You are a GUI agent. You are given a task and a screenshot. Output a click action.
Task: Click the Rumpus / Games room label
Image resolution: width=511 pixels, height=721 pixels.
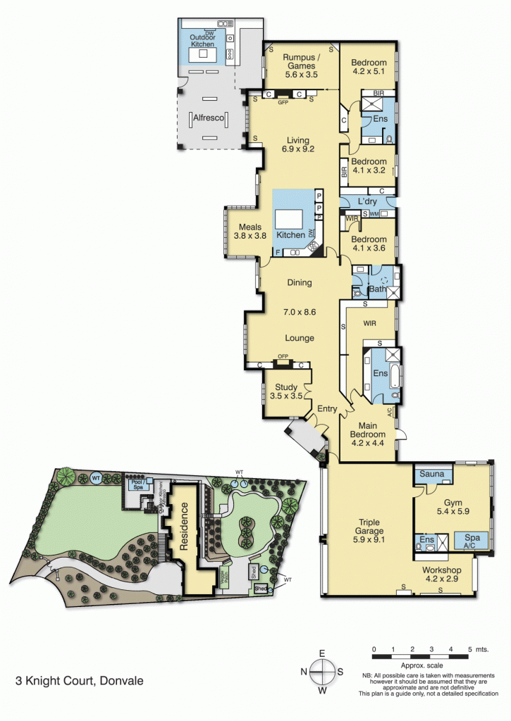pyautogui.click(x=302, y=65)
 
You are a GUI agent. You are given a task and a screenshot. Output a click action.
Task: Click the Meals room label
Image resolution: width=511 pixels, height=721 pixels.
pyautogui.click(x=250, y=232)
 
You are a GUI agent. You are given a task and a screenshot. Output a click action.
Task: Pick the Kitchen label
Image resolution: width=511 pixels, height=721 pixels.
pyautogui.click(x=290, y=234)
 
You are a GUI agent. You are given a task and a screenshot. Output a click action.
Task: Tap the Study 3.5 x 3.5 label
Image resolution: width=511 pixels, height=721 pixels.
pyautogui.click(x=286, y=391)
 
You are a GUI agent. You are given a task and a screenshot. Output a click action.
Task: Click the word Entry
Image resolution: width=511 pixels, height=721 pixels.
pyautogui.click(x=327, y=409)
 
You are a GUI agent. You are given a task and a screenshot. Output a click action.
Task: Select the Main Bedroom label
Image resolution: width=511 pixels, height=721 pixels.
pyautogui.click(x=368, y=430)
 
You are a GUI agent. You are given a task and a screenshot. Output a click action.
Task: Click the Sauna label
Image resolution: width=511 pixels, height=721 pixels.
pyautogui.click(x=433, y=475)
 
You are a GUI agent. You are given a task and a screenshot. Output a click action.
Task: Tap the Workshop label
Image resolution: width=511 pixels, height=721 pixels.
pyautogui.click(x=441, y=575)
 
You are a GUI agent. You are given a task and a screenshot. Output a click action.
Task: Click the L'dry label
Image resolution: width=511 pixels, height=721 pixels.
pyautogui.click(x=368, y=202)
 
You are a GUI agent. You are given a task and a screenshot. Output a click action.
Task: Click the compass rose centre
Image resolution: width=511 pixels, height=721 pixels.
pyautogui.click(x=322, y=672)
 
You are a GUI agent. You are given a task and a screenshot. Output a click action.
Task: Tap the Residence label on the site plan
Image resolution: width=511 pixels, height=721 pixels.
pyautogui.click(x=185, y=525)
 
